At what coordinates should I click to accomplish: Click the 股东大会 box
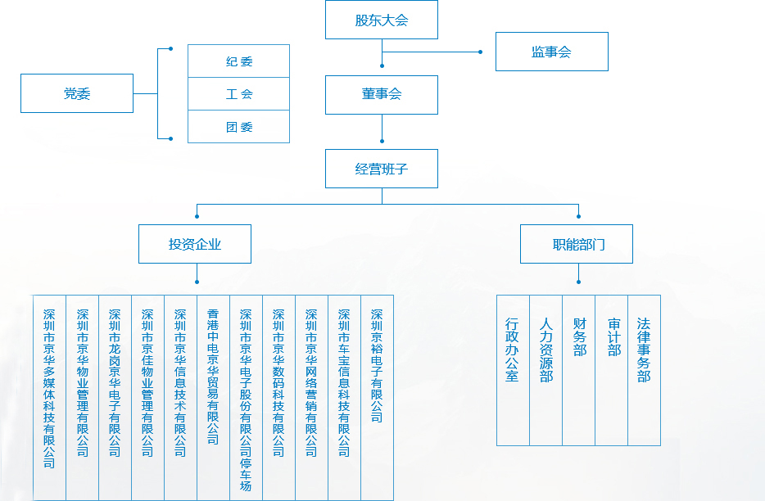coord(382,20)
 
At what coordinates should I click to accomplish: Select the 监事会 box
coord(551,52)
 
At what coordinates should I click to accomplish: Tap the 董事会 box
coord(382,95)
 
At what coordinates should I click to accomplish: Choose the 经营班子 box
coord(382,169)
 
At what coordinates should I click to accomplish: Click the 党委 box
coord(77,94)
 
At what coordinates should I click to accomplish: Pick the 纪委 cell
coord(239,61)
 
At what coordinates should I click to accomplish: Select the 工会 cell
coord(239,94)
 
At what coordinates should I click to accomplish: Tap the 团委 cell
coord(239,127)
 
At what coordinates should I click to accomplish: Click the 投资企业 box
coord(195,244)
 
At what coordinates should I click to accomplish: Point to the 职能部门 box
coord(577,244)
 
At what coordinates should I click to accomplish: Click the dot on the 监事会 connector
coord(481,52)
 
